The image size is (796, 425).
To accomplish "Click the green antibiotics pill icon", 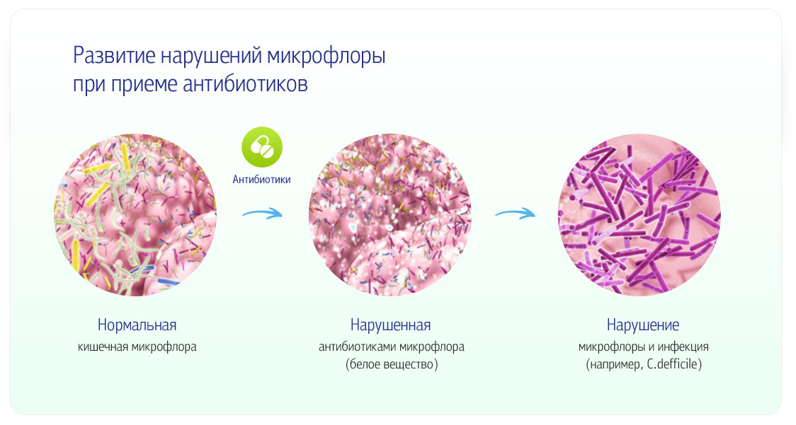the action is click(x=262, y=147).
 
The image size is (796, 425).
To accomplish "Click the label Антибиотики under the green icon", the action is click(x=261, y=180).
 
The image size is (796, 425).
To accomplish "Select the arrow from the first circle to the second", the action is click(x=262, y=213).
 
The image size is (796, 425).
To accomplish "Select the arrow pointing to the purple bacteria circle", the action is click(x=515, y=213).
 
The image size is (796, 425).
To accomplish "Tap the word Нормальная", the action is click(x=137, y=325).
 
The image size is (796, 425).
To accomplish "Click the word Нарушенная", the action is click(x=390, y=325).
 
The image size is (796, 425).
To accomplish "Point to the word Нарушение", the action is click(x=643, y=325).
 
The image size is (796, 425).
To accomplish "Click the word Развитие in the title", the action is click(x=114, y=55).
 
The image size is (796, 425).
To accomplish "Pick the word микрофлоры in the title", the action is click(x=326, y=57).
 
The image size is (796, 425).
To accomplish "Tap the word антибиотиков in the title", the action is click(x=245, y=84).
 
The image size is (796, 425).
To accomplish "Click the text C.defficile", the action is click(x=673, y=364).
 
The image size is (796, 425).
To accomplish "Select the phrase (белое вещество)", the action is click(x=392, y=364).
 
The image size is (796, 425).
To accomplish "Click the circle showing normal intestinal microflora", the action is click(x=135, y=214).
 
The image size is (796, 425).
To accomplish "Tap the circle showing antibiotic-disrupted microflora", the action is click(x=390, y=214).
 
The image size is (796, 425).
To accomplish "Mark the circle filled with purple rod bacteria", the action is click(x=639, y=214).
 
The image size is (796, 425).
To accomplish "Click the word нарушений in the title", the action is click(x=211, y=57).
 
